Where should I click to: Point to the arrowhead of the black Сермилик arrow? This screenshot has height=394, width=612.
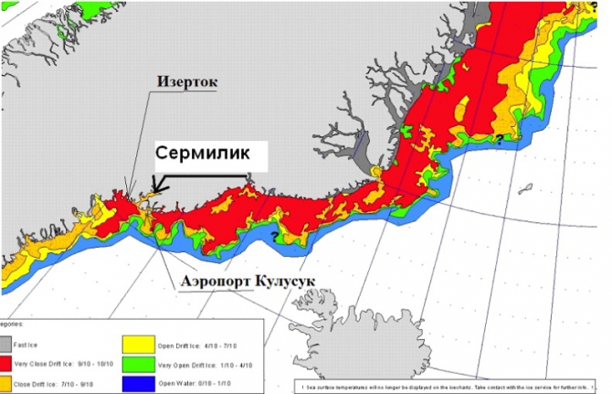[x=156, y=190]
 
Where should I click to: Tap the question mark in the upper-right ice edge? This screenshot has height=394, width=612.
[x=499, y=138]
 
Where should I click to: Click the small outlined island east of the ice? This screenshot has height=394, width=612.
[x=526, y=190]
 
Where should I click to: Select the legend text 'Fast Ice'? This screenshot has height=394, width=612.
[x=36, y=342]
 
